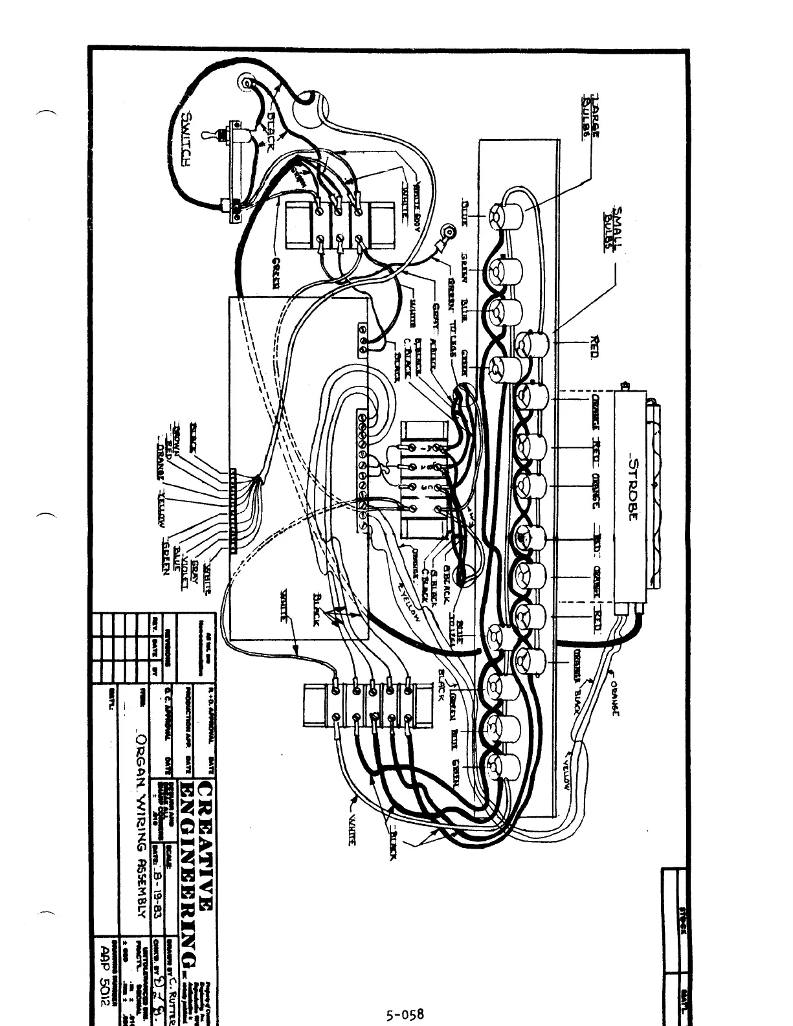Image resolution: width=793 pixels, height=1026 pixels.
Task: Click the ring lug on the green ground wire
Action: click(447, 230)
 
